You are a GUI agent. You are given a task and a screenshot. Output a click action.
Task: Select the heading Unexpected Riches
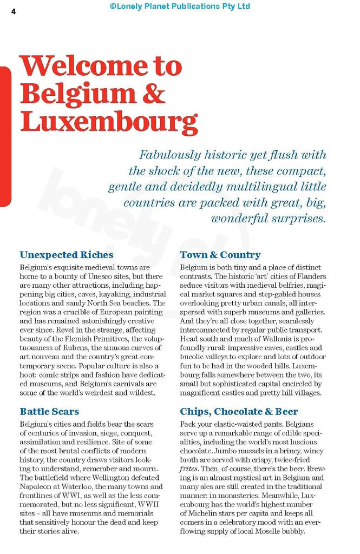tap(67, 255)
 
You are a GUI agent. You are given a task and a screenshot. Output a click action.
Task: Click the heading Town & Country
tap(220, 255)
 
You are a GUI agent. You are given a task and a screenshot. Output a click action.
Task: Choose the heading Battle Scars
tap(49, 411)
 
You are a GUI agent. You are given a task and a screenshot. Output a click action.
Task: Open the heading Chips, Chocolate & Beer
tap(239, 411)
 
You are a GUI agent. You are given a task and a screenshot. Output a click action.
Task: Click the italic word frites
tap(189, 469)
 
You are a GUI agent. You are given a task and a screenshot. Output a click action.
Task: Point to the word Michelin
tap(203, 513)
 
